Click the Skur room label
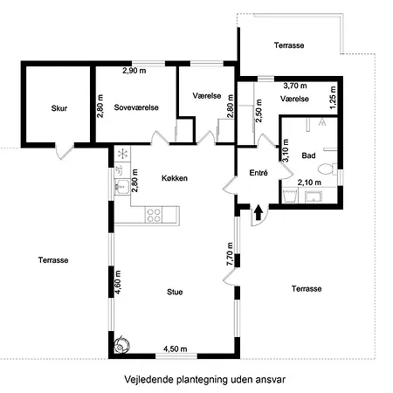click(59, 108)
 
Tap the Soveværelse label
click(136, 107)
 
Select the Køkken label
click(175, 178)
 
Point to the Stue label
click(175, 292)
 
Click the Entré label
click(259, 173)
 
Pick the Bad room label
click(308, 155)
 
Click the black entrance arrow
click(258, 212)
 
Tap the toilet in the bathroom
click(327, 169)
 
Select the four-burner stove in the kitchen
click(154, 215)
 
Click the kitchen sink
click(122, 186)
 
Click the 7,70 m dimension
click(230, 254)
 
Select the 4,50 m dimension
click(175, 348)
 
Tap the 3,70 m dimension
click(295, 86)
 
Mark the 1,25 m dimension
click(333, 98)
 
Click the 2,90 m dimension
click(134, 71)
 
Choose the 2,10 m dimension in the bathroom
click(309, 183)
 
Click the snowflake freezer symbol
click(123, 154)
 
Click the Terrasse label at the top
click(289, 45)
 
